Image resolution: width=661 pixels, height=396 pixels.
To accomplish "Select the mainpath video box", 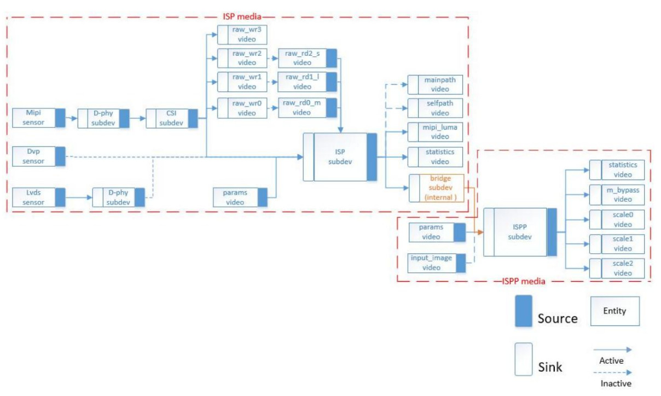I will (435, 85).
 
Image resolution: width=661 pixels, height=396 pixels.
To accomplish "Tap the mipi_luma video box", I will (435, 132).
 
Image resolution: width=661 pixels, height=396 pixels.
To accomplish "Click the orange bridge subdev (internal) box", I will (437, 188).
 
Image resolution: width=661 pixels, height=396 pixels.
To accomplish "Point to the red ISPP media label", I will (523, 282).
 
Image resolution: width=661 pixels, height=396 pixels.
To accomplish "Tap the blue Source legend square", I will (523, 311).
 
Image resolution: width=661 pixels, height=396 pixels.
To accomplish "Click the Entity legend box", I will (614, 311).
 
